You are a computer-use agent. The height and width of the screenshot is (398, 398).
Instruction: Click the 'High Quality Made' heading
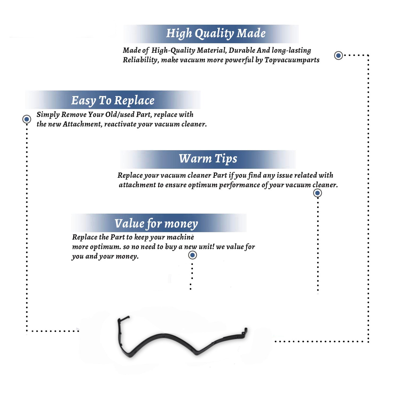216,34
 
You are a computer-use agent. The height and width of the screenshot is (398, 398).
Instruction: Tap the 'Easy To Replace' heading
113,101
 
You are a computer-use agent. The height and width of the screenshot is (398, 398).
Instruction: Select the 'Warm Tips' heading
208,159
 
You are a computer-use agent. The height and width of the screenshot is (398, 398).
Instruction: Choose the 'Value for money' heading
156,224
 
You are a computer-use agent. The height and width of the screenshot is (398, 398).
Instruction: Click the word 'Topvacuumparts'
292,60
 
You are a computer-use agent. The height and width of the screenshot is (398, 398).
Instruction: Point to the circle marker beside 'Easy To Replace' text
27,119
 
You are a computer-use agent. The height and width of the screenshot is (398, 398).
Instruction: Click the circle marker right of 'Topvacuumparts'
338,55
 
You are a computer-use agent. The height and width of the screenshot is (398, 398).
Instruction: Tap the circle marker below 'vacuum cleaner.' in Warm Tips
317,193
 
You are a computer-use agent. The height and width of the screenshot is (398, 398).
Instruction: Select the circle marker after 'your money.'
192,255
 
